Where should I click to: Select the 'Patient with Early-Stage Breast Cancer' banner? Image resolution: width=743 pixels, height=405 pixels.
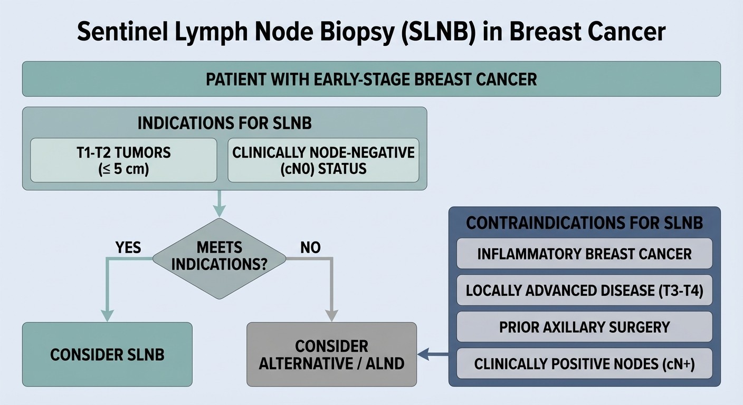tap(371, 79)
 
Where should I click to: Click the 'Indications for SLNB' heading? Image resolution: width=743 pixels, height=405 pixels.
tap(224, 123)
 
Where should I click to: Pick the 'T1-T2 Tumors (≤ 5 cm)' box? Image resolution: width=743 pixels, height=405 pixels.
tap(123, 160)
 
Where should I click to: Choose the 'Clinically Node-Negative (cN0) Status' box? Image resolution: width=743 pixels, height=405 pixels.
tap(323, 160)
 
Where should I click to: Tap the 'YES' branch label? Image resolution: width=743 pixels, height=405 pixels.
tap(128, 247)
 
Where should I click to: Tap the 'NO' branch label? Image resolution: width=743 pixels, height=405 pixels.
tap(310, 247)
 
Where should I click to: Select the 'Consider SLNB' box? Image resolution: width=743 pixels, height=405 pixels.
tap(107, 354)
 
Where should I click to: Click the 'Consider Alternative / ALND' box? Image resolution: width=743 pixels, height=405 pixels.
tap(331, 354)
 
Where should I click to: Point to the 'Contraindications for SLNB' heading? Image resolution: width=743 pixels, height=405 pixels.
tap(584, 223)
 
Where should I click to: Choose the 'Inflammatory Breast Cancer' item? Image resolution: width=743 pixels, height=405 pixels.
tap(584, 254)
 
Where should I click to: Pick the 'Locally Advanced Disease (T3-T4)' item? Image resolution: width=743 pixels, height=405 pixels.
tap(584, 291)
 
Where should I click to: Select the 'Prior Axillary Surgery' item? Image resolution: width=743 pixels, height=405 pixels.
tap(584, 327)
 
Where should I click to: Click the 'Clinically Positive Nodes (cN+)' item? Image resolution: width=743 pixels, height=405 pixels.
tap(584, 363)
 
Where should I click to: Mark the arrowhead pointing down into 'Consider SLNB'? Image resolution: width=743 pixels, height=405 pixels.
tap(107, 315)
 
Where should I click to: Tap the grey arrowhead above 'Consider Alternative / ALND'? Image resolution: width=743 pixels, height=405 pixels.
tap(331, 315)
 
